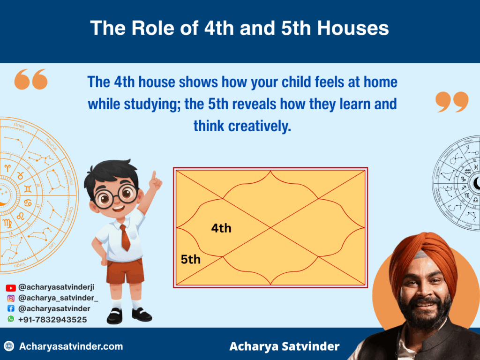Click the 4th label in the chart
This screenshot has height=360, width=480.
point(221,228)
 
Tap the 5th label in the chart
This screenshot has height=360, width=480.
point(191,259)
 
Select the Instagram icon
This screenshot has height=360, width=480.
point(11,298)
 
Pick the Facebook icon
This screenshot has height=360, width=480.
point(11,308)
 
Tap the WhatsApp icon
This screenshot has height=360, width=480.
point(11,319)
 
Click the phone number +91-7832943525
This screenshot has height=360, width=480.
point(52,319)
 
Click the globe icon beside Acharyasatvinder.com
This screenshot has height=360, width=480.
point(9,346)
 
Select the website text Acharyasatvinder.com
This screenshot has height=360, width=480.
point(71,346)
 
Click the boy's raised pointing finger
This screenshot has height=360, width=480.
point(153,175)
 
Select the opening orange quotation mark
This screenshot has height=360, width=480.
point(31,79)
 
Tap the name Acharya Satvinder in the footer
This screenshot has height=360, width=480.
point(285,346)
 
